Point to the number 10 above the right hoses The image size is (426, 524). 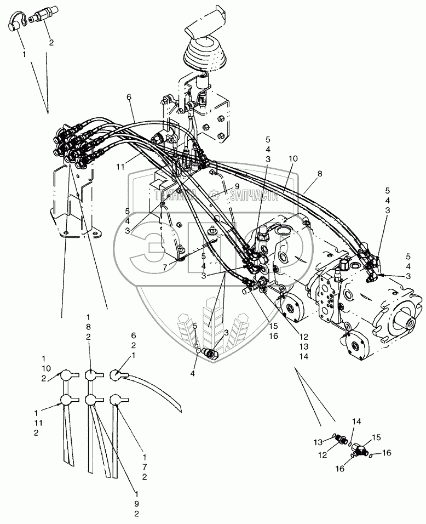click(293, 158)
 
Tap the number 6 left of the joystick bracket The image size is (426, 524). click(130, 97)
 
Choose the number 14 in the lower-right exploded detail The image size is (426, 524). click(356, 423)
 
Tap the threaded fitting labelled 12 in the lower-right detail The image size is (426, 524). click(339, 440)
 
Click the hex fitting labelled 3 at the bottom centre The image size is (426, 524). click(210, 354)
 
